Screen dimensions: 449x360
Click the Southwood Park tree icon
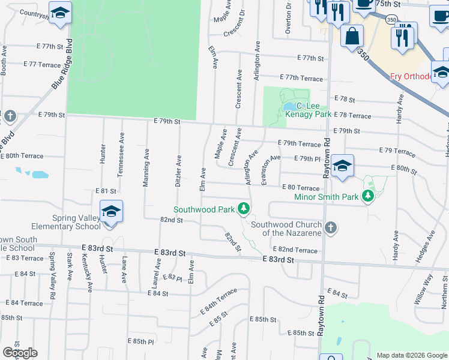click(x=243, y=209)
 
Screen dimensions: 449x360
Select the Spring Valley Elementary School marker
click(x=111, y=213)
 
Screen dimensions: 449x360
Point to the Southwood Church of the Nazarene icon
click(x=331, y=227)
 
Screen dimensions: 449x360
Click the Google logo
click(x=20, y=353)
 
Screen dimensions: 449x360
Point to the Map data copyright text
click(x=412, y=355)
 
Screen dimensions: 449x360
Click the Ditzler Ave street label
click(x=178, y=171)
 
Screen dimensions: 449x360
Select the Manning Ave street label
click(x=146, y=168)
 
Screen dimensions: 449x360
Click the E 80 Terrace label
click(x=300, y=188)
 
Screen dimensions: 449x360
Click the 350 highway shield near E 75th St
click(x=391, y=20)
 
